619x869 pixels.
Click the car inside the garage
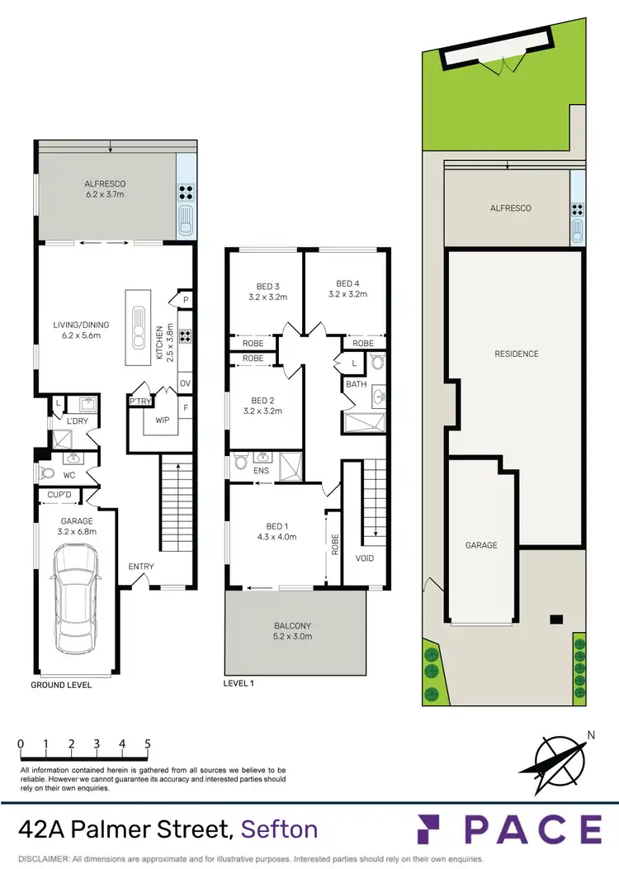click(x=76, y=601)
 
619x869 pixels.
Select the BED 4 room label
click(x=347, y=287)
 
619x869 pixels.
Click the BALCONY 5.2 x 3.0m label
click(x=295, y=630)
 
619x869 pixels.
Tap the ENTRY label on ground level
click(x=141, y=566)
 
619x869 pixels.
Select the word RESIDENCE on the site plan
click(x=517, y=354)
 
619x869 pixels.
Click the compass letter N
click(x=589, y=734)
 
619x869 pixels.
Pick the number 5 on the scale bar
click(x=148, y=743)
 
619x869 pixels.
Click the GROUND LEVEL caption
click(x=61, y=685)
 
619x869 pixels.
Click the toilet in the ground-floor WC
click(x=46, y=474)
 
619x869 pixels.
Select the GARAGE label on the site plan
click(x=481, y=545)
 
